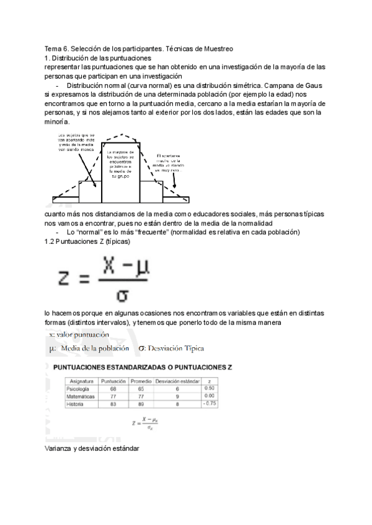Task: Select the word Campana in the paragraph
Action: coord(268,85)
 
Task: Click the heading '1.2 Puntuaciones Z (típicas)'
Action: coord(87,241)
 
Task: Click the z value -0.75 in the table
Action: coord(209,404)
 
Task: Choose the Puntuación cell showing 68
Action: coord(113,388)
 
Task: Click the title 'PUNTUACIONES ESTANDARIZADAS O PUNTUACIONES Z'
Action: coord(142,367)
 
